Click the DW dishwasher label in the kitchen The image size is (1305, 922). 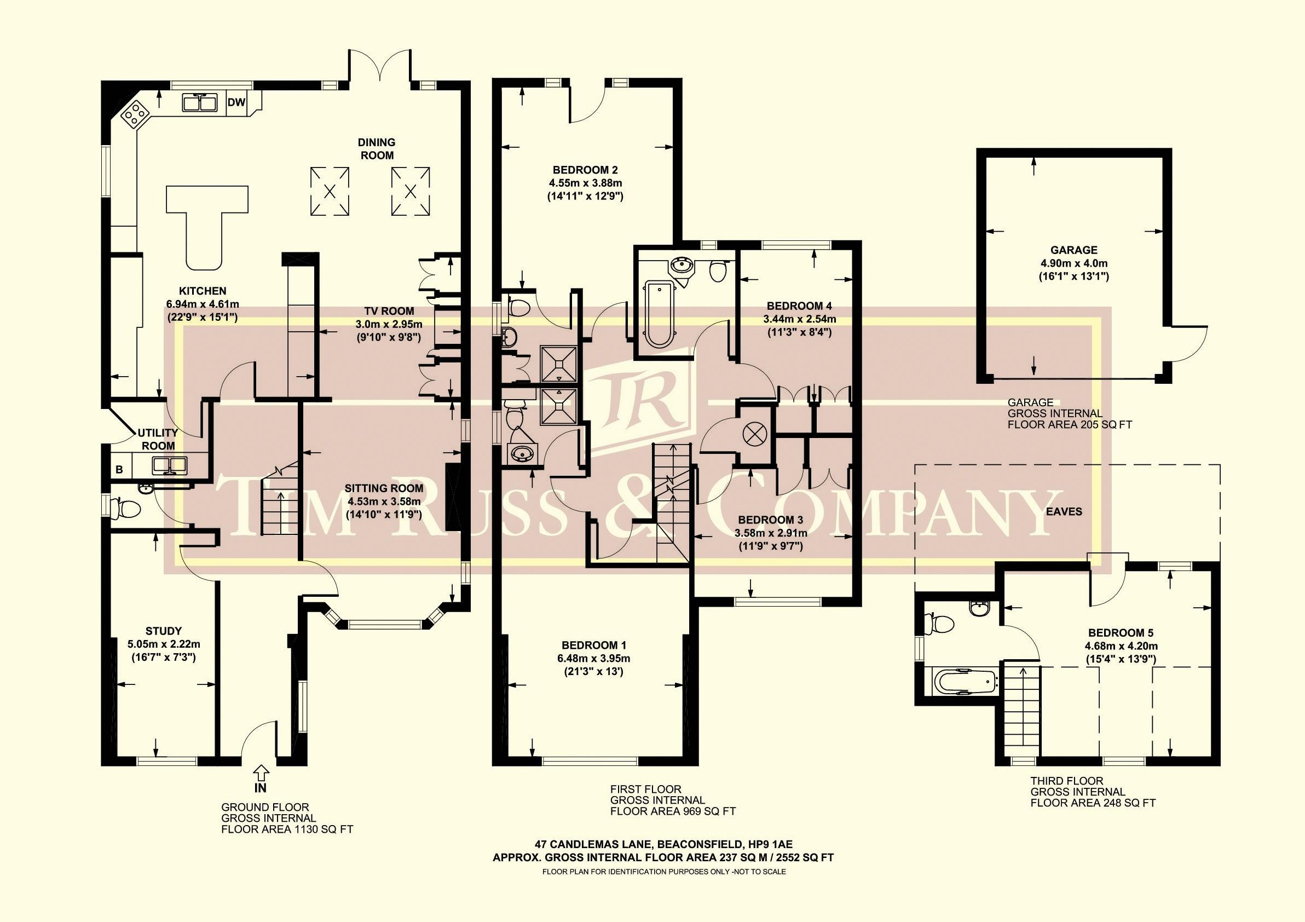coord(236,102)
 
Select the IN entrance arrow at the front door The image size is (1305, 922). coord(261,773)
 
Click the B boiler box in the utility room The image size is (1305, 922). coord(119,470)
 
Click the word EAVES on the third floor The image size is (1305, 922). coord(1064,511)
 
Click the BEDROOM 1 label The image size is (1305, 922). coord(593,645)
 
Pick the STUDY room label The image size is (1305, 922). coord(164,631)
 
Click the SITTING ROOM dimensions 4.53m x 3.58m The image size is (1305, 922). coord(383,502)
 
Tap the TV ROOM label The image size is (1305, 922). coord(389,311)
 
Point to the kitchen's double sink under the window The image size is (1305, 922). coord(200,103)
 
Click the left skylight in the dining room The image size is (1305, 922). coord(330,191)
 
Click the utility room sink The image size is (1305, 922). coord(169,465)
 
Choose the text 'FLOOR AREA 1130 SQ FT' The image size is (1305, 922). coord(287,829)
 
